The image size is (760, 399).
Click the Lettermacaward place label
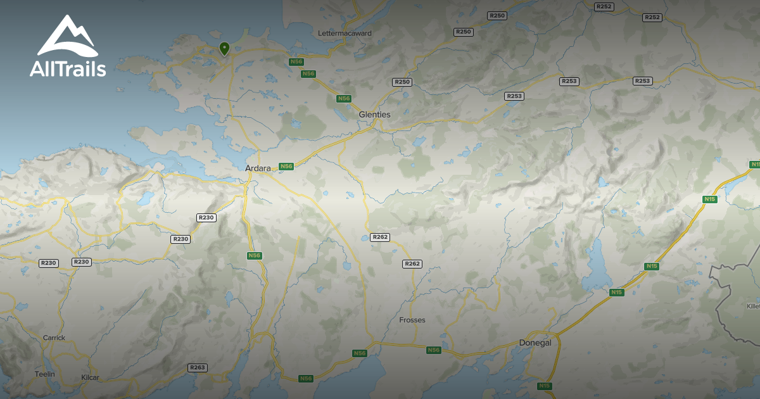pos(345,33)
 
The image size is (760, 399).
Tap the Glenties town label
pos(374,115)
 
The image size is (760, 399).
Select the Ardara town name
pos(258,168)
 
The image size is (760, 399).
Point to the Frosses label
pos(412,320)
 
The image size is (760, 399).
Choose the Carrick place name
pos(54,338)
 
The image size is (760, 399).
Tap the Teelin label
pos(45,374)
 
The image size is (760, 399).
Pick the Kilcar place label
pos(91,377)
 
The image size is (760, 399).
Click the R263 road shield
pos(198,368)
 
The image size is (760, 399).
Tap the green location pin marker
pos(224,48)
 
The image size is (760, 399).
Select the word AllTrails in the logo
pos(68,69)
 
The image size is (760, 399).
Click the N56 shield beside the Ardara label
pos(286,167)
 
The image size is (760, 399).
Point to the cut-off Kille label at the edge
pos(752,307)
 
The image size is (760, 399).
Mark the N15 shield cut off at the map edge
pos(754,165)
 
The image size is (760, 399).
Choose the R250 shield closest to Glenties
pos(402,82)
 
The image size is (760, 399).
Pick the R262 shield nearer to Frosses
pos(412,264)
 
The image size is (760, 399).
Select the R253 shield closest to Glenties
pos(514,96)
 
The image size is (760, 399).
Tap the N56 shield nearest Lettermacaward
pos(296,61)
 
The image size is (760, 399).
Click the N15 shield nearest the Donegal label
pos(544,386)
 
